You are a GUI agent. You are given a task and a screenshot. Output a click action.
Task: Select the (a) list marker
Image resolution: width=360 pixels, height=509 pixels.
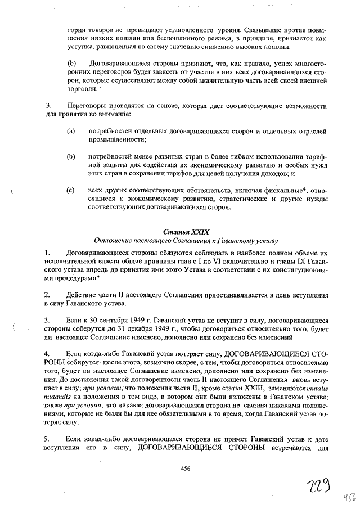point(71,131)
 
